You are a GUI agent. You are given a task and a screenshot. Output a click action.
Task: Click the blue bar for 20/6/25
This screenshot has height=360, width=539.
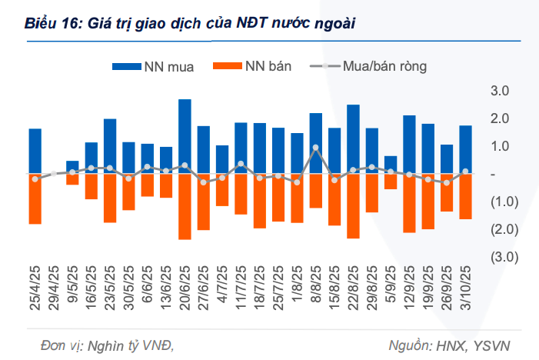(x=185, y=136)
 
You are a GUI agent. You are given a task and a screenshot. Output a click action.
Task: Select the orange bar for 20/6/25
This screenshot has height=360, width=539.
(x=185, y=206)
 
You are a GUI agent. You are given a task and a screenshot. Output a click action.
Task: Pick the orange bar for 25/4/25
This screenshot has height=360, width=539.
(x=35, y=198)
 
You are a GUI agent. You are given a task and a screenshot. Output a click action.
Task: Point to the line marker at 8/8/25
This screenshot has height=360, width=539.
(x=315, y=147)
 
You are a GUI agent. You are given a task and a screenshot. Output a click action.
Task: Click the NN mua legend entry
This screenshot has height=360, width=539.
(x=154, y=66)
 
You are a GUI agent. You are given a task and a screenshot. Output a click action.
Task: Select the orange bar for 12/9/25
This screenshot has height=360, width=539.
(x=409, y=203)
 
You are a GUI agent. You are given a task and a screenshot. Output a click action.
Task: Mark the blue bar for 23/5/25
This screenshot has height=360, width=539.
(x=110, y=146)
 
